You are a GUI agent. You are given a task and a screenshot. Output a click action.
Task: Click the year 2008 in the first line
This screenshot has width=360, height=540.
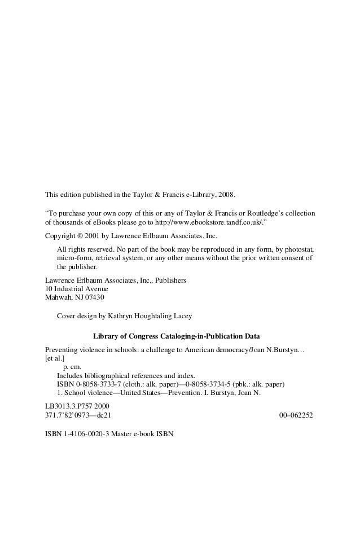(226, 195)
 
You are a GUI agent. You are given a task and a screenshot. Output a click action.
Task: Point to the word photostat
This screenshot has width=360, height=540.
(299, 249)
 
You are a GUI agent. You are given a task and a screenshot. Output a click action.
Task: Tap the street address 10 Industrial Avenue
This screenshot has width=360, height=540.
(76, 288)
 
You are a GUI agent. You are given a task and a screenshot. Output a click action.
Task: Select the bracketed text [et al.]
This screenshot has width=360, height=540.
(55, 358)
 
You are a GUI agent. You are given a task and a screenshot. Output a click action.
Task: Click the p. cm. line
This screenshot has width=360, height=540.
(72, 367)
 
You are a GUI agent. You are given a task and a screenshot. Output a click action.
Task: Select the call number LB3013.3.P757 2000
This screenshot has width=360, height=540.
(77, 406)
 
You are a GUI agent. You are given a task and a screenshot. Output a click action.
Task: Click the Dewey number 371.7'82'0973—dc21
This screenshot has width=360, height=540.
(78, 415)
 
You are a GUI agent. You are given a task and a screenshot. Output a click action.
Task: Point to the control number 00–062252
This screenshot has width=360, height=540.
(296, 415)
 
